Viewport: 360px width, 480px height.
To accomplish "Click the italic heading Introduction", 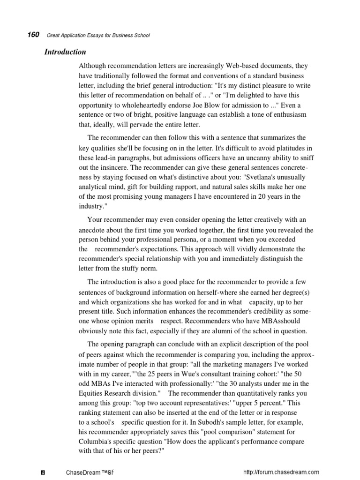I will (65, 52).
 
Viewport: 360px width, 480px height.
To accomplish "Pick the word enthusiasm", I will (285, 115).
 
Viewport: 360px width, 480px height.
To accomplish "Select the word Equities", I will (91, 392).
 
